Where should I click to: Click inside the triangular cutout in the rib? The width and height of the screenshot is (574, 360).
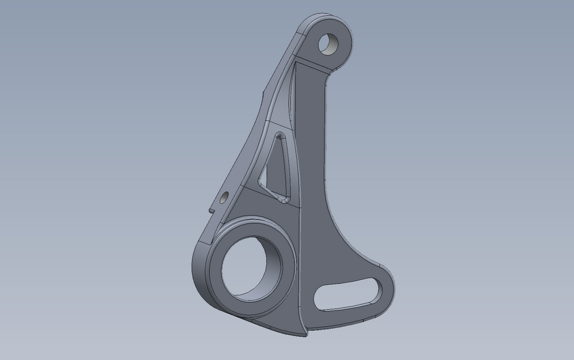276,168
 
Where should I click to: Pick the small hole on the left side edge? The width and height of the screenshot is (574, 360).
224,197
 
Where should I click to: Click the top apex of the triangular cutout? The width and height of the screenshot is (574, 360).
279,136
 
